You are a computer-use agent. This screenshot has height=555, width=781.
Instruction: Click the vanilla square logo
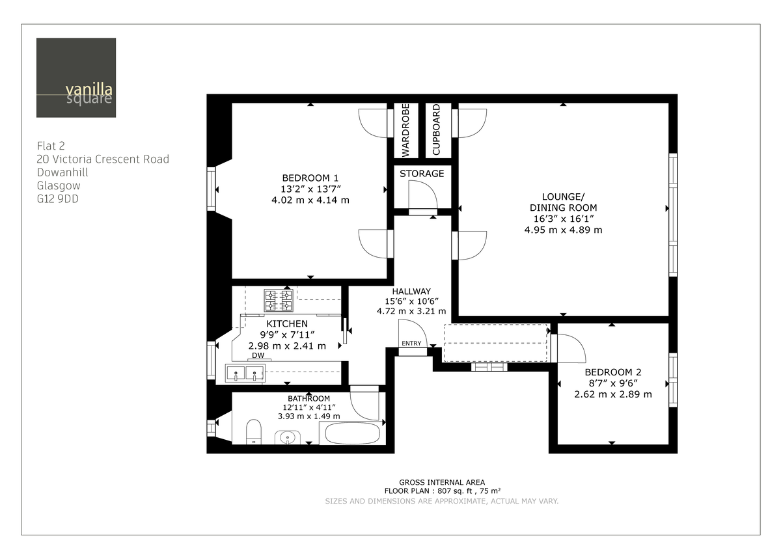76,77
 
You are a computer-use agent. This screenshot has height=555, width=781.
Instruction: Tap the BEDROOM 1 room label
310,178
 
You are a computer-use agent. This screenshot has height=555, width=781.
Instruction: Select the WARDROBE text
405,131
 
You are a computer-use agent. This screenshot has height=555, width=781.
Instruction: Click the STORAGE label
422,174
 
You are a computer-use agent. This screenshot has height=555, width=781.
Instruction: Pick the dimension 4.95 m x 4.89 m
563,230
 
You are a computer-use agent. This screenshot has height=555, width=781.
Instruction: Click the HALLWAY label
411,291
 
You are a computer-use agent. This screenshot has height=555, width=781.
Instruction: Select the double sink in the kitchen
245,373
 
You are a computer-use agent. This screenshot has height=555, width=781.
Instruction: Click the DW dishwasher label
258,356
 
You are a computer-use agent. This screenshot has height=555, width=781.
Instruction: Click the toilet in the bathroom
254,431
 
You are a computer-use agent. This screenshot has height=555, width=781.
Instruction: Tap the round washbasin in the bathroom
286,437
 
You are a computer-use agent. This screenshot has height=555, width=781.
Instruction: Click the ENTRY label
411,344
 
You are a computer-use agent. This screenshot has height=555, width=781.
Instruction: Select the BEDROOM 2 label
612,372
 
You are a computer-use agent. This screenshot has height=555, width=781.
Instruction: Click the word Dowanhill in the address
62,172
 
